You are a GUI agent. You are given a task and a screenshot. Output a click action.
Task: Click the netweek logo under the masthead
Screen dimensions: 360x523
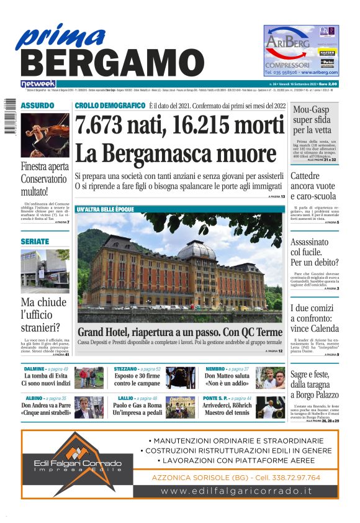(38, 83)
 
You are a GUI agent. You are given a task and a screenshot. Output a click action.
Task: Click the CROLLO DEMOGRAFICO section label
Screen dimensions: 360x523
(110, 106)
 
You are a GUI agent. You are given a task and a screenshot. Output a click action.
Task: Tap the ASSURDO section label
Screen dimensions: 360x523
(37, 106)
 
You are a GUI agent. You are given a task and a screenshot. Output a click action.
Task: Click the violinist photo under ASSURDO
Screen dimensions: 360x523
(45, 135)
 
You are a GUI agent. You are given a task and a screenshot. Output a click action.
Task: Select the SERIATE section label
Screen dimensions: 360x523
(35, 241)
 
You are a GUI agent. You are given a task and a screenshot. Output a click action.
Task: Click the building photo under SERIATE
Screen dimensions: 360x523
(45, 271)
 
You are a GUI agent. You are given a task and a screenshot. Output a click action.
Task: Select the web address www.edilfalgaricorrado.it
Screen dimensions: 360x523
(236, 491)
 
